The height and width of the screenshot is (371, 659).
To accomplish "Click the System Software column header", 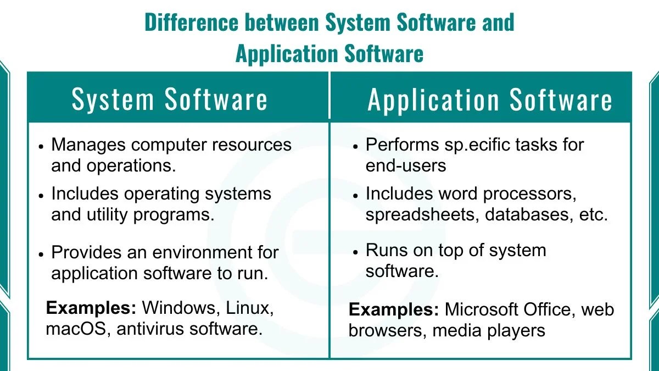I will [170, 100].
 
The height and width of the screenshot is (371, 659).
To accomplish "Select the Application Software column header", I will [490, 100].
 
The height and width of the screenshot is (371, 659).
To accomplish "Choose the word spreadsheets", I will [415, 214].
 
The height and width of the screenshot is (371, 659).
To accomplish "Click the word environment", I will [207, 253].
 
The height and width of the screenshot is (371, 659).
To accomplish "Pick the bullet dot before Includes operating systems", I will [41, 195].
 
